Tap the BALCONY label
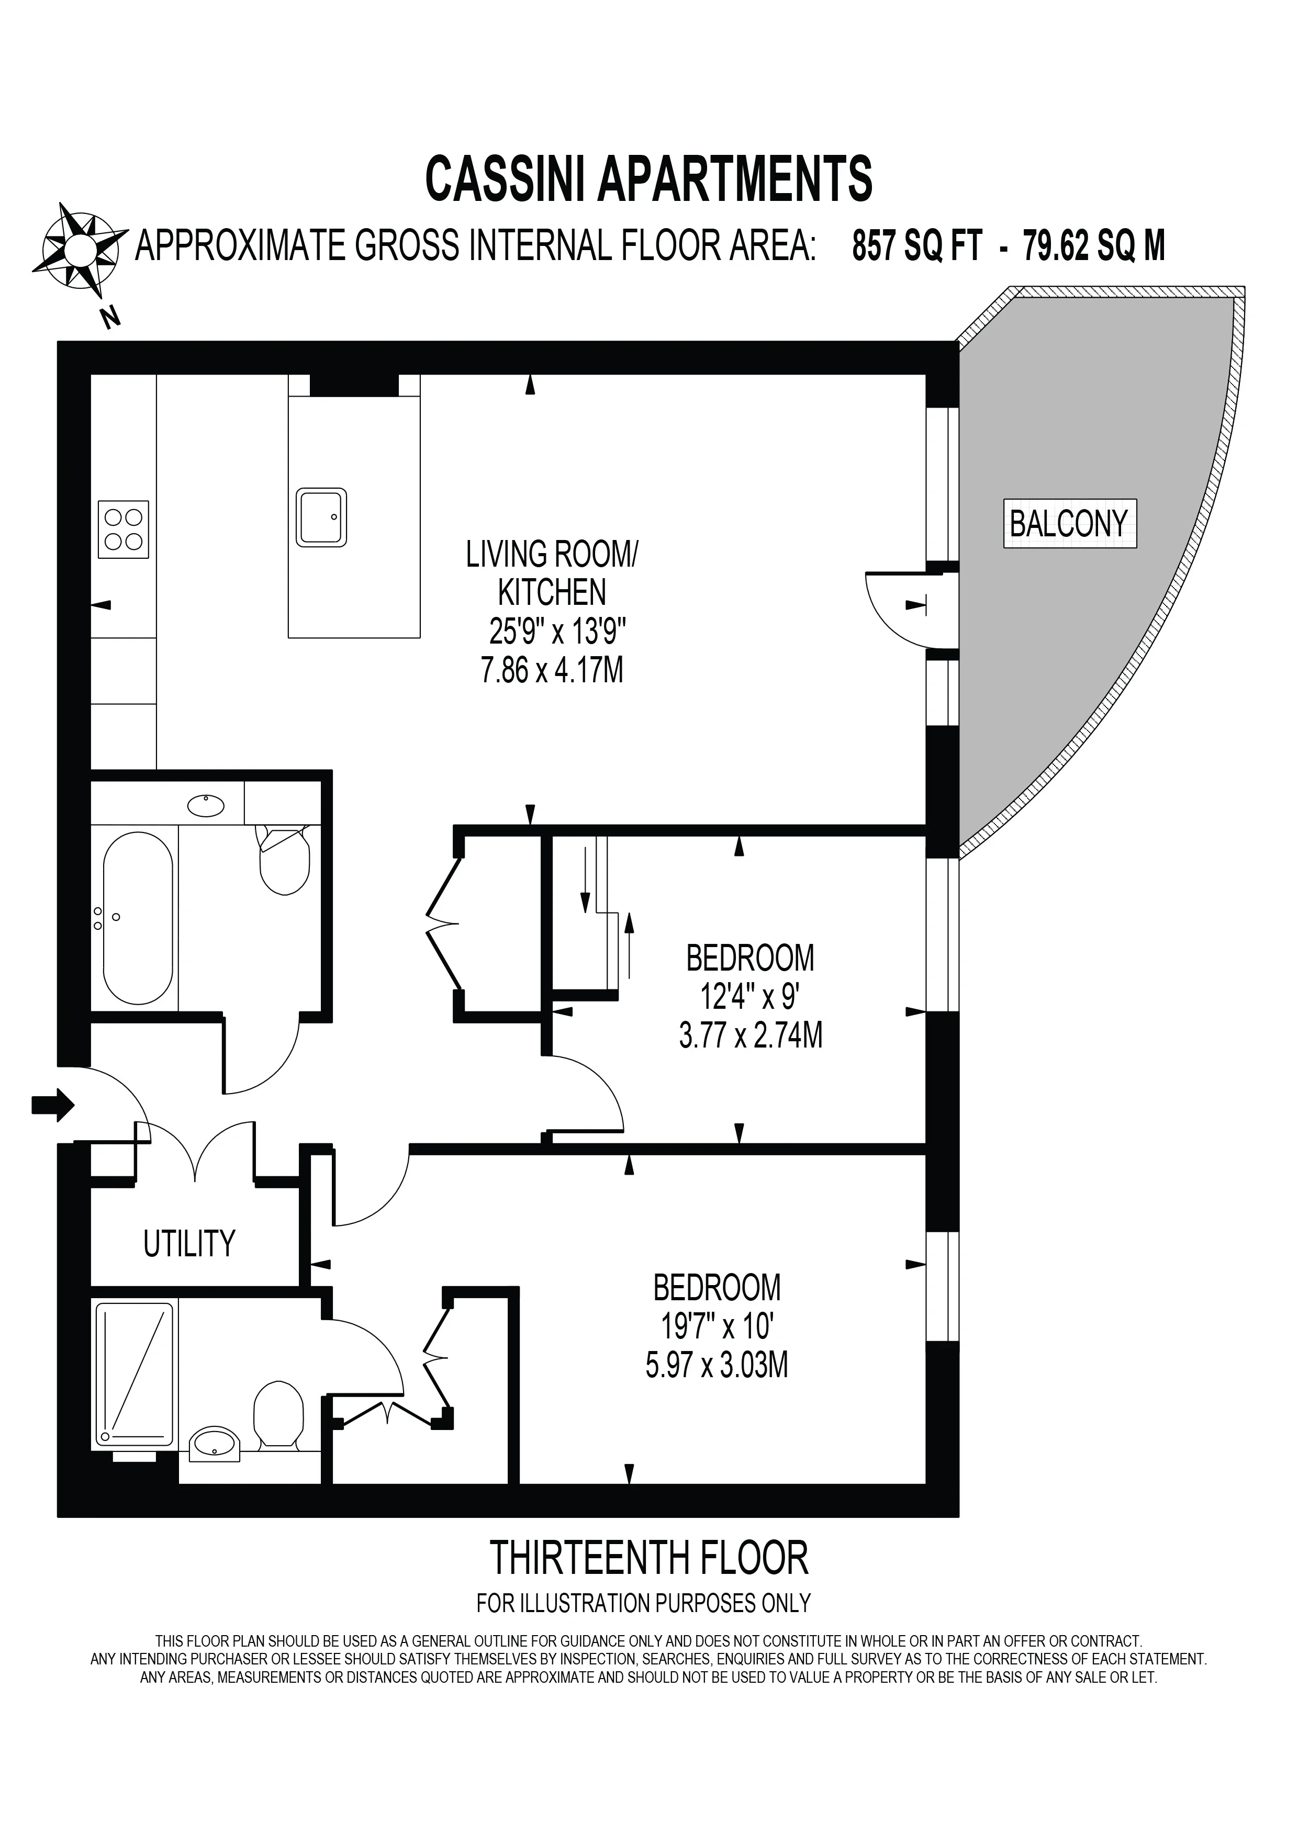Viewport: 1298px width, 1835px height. pos(1069,523)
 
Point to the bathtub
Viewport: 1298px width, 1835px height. pos(138,918)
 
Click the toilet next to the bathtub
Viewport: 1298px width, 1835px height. pos(284,860)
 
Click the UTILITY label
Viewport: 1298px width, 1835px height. pos(189,1244)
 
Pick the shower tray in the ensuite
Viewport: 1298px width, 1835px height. pos(135,1375)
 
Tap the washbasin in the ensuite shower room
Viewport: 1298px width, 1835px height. pos(214,1444)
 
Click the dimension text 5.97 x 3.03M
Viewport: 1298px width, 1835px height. pos(717,1364)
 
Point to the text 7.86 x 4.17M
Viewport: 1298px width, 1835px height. pos(552,670)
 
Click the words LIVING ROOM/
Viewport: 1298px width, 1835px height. pos(552,555)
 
